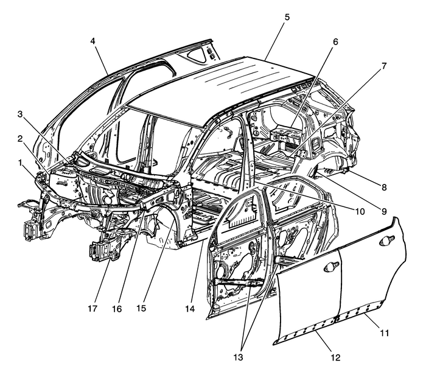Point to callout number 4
[x=93, y=41]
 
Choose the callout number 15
[x=141, y=309]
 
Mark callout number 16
[x=116, y=309]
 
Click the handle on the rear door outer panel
[x=387, y=240]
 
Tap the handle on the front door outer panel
[x=331, y=266]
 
